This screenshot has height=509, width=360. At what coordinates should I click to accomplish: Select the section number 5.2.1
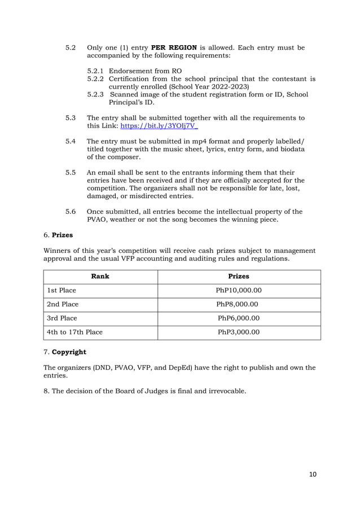pos(96,71)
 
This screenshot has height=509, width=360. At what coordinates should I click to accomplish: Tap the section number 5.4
pos(71,140)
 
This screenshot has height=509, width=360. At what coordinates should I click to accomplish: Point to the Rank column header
pos(100,277)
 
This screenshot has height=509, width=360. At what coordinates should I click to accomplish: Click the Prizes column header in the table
pos(238,277)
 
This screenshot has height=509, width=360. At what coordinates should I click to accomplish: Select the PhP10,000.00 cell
pos(238,291)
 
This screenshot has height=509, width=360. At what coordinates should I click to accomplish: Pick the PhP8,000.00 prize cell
pos(238,304)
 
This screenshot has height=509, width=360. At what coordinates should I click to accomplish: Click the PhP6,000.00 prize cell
pos(238,318)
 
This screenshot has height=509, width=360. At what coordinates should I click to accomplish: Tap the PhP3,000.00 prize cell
pos(238,332)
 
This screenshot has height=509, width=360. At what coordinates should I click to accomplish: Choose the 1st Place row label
pos(62,291)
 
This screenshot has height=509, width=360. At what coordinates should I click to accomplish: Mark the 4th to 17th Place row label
pos(74,332)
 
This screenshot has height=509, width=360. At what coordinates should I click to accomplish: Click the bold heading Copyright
pos(69,352)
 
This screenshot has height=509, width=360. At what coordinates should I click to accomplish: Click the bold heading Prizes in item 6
pos(63,235)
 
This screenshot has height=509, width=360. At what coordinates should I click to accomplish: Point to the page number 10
pos(312,474)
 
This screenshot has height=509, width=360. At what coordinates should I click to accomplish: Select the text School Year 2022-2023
pos(212,87)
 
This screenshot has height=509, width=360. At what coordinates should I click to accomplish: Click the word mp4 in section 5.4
pos(200,140)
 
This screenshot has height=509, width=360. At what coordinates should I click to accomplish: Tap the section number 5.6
pos(71,212)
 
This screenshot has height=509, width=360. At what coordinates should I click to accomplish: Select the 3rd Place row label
pos(62,318)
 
